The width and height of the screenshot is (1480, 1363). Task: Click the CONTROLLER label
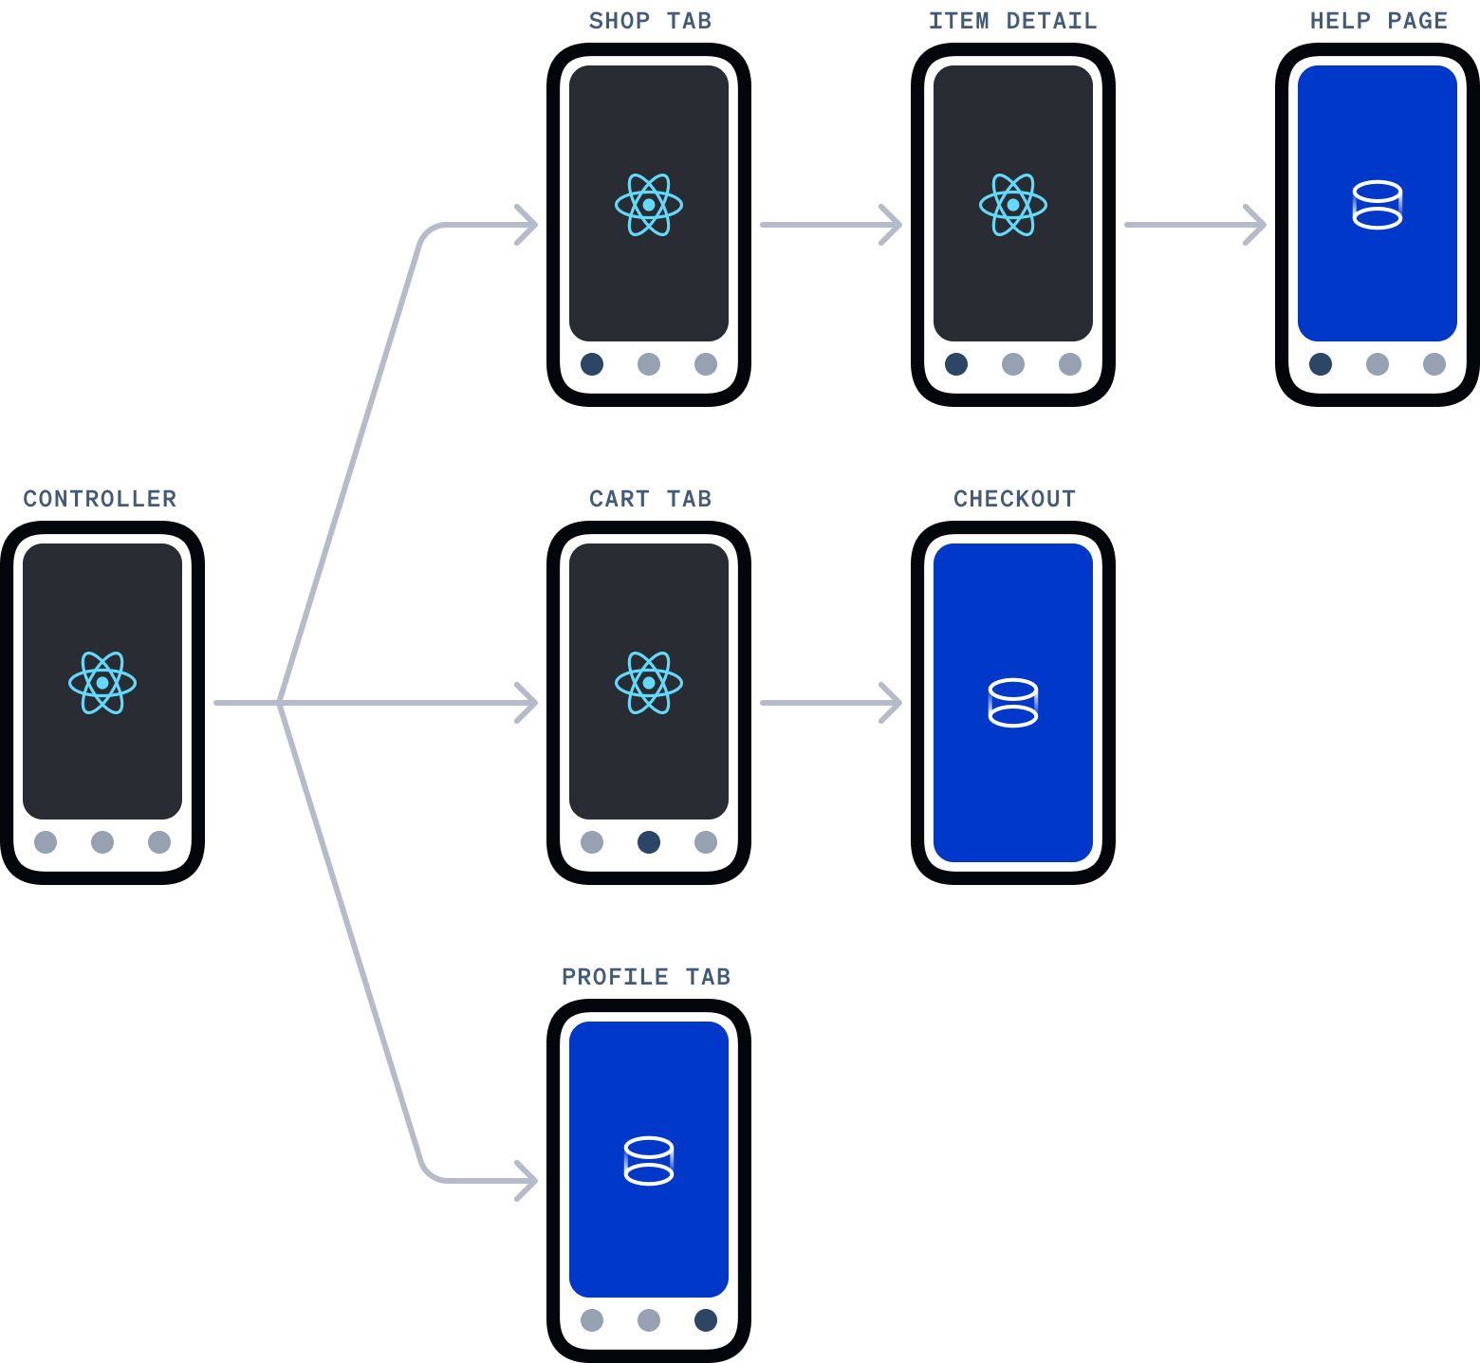point(100,499)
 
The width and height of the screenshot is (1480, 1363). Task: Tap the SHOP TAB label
point(650,21)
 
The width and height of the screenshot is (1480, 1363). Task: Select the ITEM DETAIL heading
point(1012,21)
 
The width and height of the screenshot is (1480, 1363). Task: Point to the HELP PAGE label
point(1378,21)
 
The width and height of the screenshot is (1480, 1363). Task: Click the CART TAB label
point(650,499)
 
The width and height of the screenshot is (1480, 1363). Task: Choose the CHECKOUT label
point(1014,499)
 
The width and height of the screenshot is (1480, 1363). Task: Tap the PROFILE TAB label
point(645,977)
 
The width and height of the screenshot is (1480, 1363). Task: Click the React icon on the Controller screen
point(102,683)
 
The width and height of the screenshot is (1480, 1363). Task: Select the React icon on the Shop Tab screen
point(649,205)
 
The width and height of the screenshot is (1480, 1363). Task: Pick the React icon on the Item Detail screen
point(1013,205)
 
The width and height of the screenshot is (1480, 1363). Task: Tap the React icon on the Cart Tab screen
point(649,683)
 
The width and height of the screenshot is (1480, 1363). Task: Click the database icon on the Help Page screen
point(1378,205)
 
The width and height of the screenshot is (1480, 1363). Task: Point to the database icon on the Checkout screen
point(1013,703)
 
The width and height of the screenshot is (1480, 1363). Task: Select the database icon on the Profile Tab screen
point(649,1160)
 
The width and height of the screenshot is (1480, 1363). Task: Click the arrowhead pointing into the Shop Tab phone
point(527,225)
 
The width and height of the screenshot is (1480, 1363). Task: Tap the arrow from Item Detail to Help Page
point(1194,225)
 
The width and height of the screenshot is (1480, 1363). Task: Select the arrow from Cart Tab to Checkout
point(830,703)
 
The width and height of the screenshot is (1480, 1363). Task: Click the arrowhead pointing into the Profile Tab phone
point(527,1181)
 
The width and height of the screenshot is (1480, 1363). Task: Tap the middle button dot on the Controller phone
point(102,842)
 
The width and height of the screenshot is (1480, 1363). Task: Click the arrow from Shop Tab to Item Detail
point(830,225)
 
